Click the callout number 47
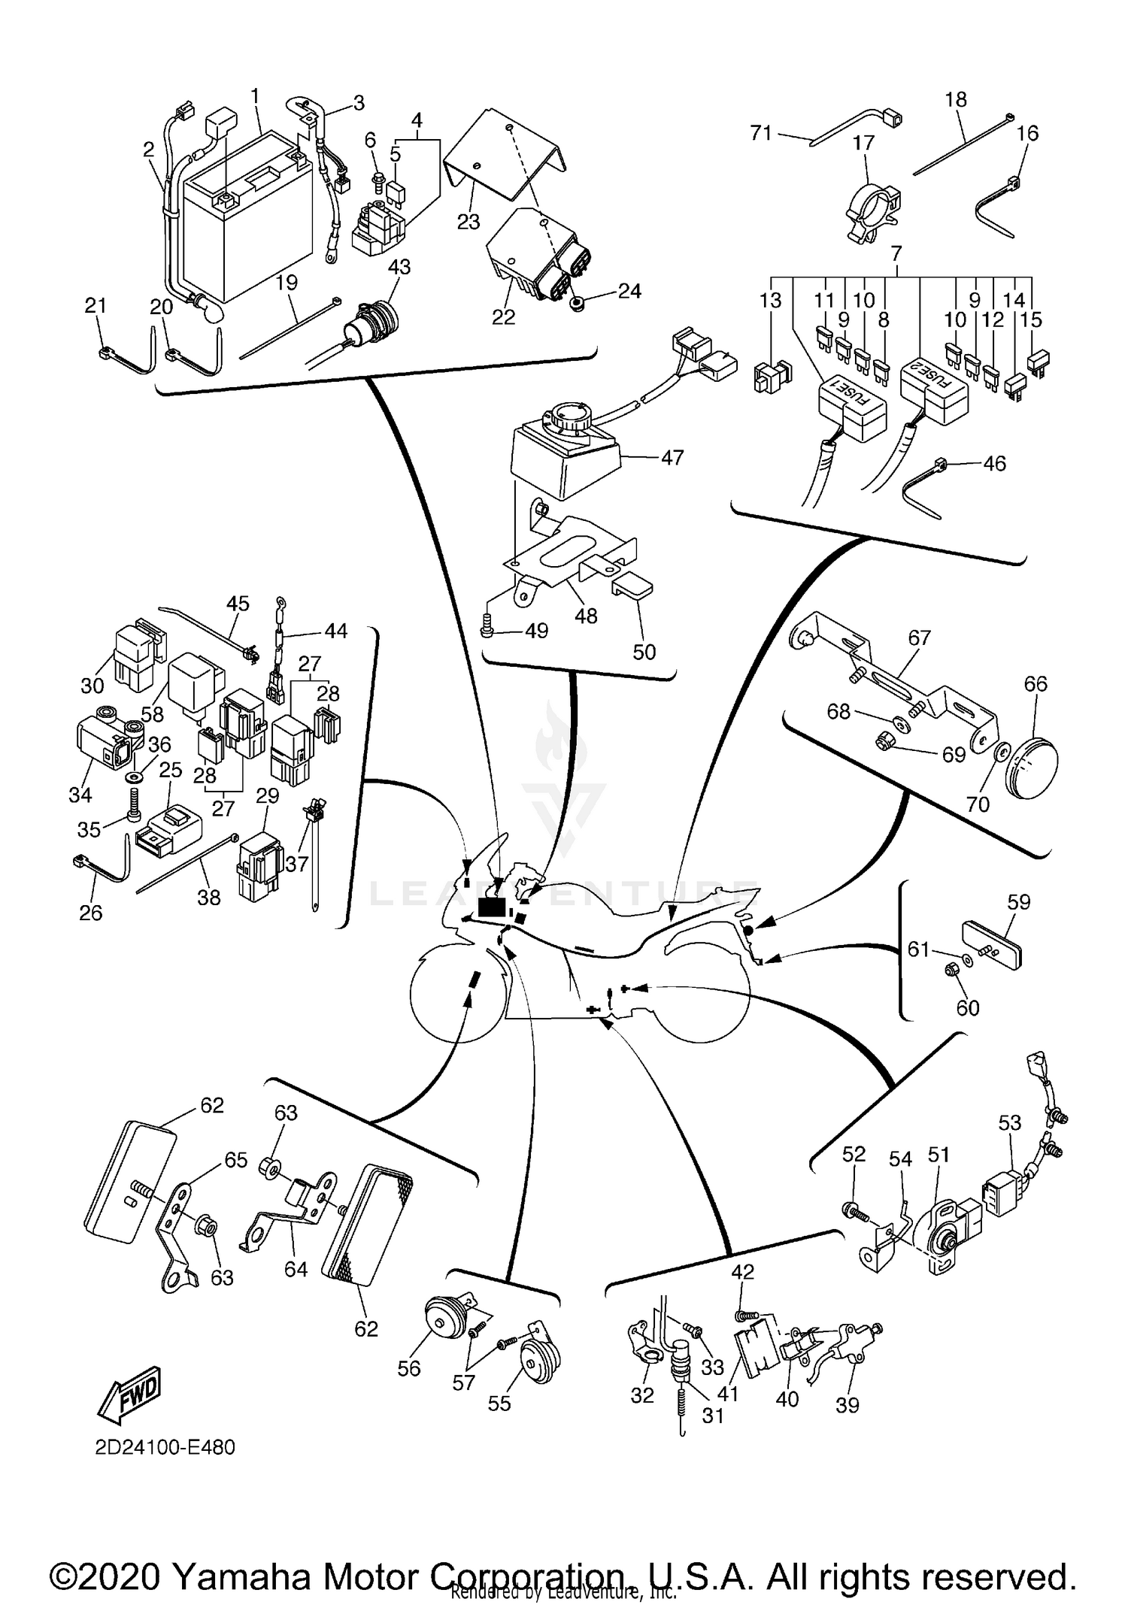pos(672,457)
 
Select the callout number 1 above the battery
pos(255,96)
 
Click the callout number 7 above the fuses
pos(896,253)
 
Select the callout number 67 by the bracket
pos(919,637)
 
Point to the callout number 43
pos(399,267)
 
